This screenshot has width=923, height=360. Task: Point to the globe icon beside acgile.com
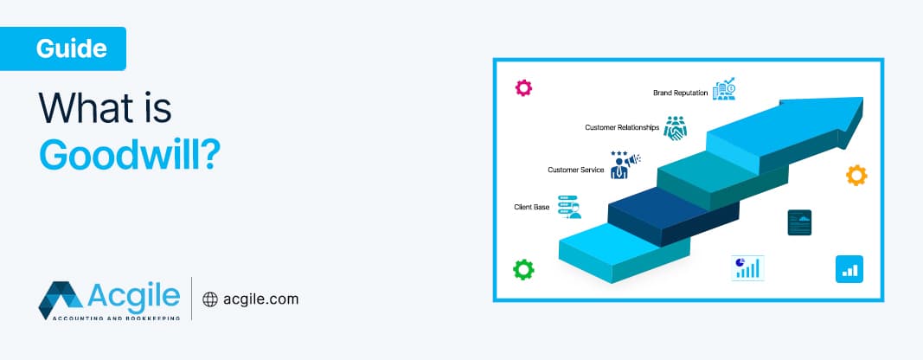click(x=209, y=299)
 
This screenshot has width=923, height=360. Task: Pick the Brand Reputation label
click(x=681, y=91)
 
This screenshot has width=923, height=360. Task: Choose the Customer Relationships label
click(x=622, y=127)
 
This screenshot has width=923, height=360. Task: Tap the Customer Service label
click(x=575, y=170)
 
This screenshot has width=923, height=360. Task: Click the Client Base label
click(x=532, y=208)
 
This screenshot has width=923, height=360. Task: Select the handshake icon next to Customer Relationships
click(x=675, y=127)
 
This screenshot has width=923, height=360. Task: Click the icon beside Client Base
click(x=568, y=207)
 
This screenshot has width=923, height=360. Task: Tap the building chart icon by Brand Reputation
click(x=724, y=89)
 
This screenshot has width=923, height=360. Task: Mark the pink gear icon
click(x=523, y=87)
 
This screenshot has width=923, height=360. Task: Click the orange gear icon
click(x=856, y=176)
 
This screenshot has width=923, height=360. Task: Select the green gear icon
click(x=523, y=269)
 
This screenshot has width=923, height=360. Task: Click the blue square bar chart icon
click(x=849, y=269)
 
